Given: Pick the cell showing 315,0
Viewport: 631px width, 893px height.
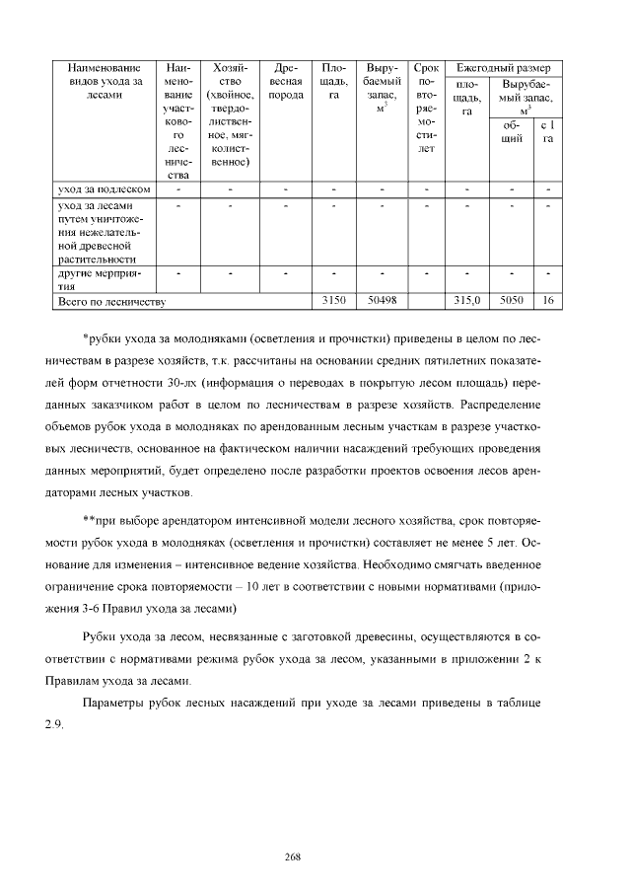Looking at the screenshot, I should point(465,299).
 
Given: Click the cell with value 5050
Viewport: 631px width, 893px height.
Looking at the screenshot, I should point(512,299).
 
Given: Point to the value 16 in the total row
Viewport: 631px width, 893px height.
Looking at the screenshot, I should point(548,299).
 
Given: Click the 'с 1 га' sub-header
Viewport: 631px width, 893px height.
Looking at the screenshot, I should point(548,132).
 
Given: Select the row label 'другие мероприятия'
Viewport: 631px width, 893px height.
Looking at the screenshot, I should point(103,276).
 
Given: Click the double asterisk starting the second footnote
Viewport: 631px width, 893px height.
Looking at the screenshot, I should point(89,520).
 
